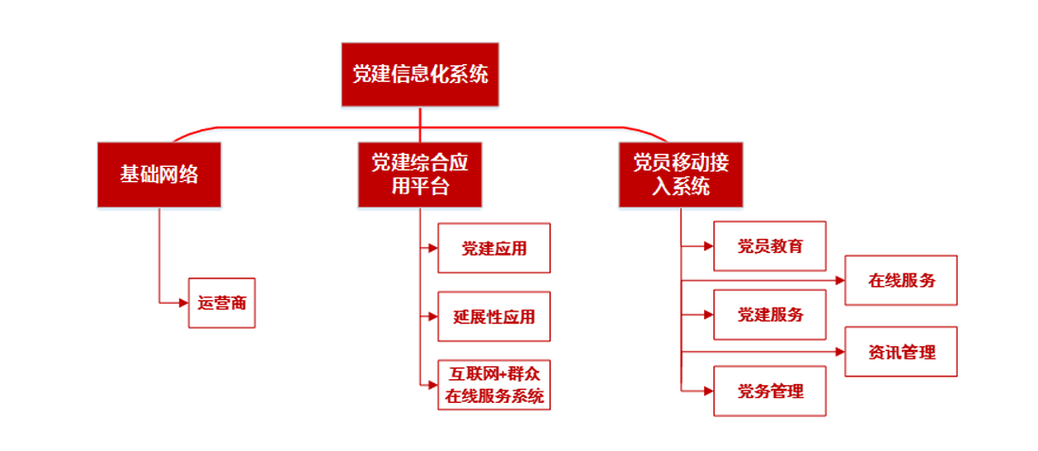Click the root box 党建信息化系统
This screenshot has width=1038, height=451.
(420, 75)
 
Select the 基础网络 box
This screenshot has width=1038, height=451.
(159, 175)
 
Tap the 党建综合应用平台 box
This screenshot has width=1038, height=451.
(420, 175)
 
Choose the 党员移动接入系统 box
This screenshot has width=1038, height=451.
(680, 175)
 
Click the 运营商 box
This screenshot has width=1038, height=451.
(223, 303)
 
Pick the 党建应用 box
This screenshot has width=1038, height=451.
(494, 249)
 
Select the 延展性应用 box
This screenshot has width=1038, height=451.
(494, 317)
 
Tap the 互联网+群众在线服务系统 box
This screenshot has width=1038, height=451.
(494, 385)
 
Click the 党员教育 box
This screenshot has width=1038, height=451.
(770, 246)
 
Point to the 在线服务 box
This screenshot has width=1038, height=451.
(901, 280)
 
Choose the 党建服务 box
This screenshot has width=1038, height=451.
(770, 315)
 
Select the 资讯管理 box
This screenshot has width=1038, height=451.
(901, 352)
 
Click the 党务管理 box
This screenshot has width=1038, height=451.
(770, 389)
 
